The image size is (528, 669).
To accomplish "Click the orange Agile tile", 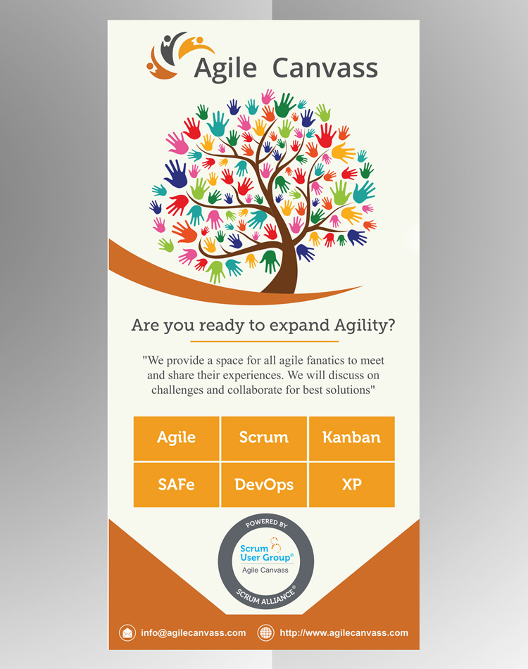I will pyautogui.click(x=176, y=438).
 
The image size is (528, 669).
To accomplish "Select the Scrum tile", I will pyautogui.click(x=264, y=438).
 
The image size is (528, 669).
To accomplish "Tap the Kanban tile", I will pyautogui.click(x=351, y=438).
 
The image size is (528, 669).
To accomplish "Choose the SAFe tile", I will pyautogui.click(x=176, y=485).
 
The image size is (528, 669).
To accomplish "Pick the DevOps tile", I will pyautogui.click(x=264, y=485).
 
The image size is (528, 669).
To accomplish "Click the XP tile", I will pyautogui.click(x=351, y=485).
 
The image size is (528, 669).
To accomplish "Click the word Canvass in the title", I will pyautogui.click(x=325, y=68).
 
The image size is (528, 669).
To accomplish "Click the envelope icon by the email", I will pyautogui.click(x=127, y=632).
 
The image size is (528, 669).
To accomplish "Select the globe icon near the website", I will pyautogui.click(x=266, y=632).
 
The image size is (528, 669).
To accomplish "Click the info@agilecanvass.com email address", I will pyautogui.click(x=194, y=632).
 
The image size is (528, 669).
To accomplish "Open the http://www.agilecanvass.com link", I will pyautogui.click(x=344, y=632).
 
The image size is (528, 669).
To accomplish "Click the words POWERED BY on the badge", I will pyautogui.click(x=266, y=524).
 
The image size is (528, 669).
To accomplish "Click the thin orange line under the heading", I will pyautogui.click(x=264, y=341).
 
